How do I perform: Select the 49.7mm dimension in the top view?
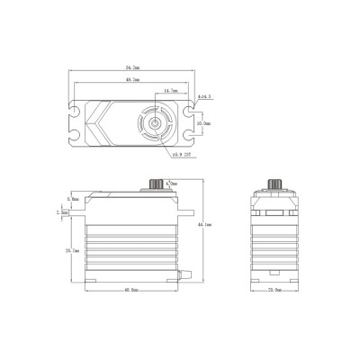click(x=133, y=79)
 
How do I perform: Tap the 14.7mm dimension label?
click(x=169, y=91)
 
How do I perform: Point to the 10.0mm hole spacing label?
click(x=205, y=123)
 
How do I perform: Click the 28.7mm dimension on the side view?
click(x=72, y=250)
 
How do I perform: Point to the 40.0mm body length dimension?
click(x=131, y=291)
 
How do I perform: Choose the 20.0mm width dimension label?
click(x=270, y=291)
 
